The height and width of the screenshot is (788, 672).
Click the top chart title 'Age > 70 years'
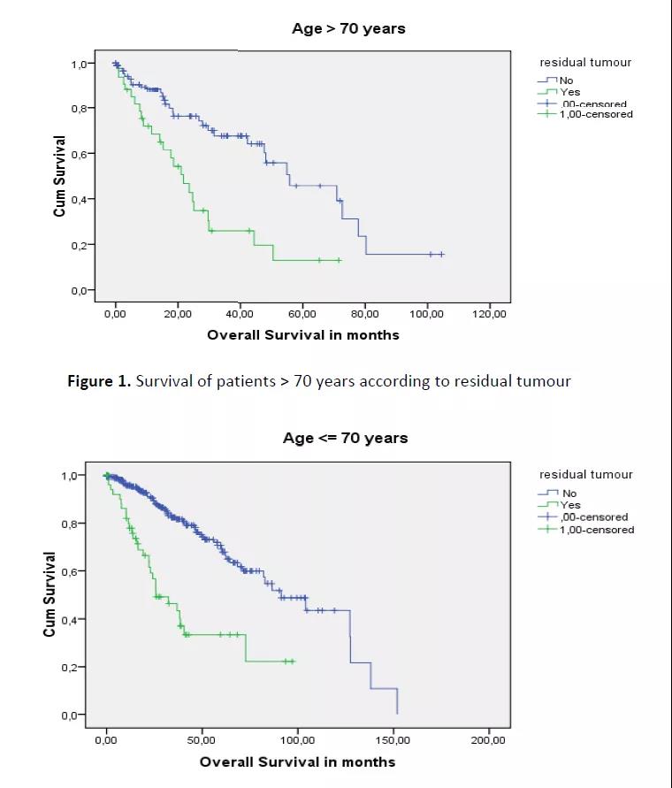click(x=348, y=28)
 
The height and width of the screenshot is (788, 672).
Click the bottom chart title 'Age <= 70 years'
click(x=345, y=438)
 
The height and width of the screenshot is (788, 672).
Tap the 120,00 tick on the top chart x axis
click(x=489, y=314)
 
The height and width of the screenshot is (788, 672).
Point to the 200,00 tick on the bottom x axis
click(x=488, y=739)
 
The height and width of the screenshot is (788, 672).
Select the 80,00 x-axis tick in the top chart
click(x=364, y=314)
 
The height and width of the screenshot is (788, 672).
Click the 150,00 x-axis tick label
click(x=393, y=739)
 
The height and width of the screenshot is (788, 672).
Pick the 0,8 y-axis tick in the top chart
click(x=81, y=109)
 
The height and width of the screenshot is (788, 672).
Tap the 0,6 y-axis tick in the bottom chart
click(x=72, y=571)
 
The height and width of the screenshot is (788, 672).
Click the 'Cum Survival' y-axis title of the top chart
click(x=59, y=176)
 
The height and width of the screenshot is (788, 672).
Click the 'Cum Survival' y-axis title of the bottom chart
click(x=50, y=594)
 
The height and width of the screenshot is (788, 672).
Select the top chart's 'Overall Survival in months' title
click(x=302, y=335)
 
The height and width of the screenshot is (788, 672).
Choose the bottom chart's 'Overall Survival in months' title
click(x=297, y=761)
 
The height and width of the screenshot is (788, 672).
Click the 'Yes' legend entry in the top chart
click(x=569, y=92)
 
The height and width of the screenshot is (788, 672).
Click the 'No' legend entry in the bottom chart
click(x=569, y=493)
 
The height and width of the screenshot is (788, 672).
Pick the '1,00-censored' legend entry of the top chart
click(x=597, y=114)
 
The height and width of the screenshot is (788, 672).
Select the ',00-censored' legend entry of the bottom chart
click(x=594, y=517)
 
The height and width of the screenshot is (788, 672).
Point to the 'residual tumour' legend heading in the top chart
click(x=585, y=62)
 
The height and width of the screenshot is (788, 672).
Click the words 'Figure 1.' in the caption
click(x=99, y=381)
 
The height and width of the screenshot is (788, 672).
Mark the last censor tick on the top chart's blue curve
click(x=441, y=254)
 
